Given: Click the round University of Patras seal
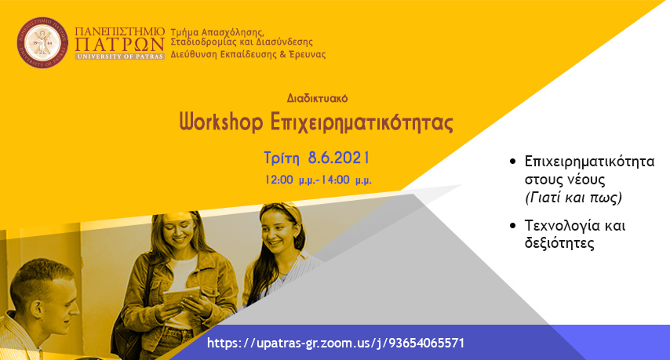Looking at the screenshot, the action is [x=42, y=42].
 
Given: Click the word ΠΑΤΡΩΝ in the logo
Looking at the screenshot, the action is [x=119, y=45].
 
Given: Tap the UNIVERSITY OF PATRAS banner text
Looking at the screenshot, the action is [x=119, y=56].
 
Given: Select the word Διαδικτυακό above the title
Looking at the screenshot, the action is [x=317, y=99].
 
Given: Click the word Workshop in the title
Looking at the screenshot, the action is [x=221, y=122].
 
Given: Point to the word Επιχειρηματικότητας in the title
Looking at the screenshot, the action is [x=362, y=123].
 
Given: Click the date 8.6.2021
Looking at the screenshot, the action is [x=338, y=158].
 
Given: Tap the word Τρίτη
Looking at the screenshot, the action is [x=282, y=158].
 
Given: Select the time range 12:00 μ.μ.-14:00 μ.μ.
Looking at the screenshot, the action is [x=318, y=180].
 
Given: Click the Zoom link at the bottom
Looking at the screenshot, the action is [x=336, y=343].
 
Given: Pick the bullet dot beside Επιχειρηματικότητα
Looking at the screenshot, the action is [x=513, y=162].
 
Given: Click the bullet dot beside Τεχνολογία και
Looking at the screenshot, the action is [x=513, y=225].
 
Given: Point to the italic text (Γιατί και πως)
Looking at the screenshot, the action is [x=573, y=198].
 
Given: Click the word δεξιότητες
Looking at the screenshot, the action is [x=559, y=243].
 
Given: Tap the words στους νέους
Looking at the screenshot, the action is [x=565, y=180].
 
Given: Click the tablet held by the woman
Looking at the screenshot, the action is [x=181, y=296].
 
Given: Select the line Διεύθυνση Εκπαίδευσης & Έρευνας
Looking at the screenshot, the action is [x=248, y=55].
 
